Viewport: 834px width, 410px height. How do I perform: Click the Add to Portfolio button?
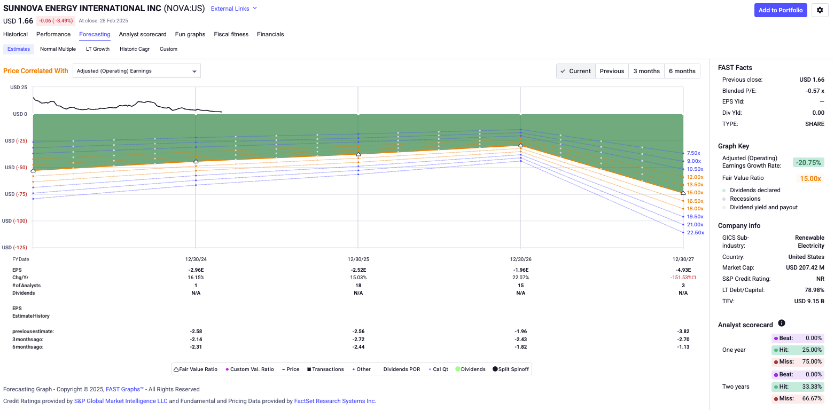781,10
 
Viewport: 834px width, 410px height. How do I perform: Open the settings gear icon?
820,10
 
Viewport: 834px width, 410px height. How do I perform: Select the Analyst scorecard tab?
143,34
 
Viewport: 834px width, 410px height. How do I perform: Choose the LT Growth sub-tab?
98,49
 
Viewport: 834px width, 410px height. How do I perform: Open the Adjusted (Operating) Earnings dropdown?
136,71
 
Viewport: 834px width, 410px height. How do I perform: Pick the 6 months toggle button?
682,71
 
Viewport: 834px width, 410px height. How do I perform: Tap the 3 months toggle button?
646,71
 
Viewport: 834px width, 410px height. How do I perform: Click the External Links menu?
234,9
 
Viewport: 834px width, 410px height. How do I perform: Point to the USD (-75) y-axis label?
15,194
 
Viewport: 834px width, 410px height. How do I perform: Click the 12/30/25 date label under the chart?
358,259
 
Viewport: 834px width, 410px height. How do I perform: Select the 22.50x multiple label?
695,233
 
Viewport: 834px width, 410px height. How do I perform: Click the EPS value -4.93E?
683,270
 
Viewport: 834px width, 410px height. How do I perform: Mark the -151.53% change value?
681,278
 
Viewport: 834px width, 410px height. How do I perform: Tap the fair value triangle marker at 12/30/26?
521,146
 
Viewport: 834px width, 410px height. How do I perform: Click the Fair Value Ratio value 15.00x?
810,179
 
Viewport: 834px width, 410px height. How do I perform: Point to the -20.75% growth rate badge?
808,162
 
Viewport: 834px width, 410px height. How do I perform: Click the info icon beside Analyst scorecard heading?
782,324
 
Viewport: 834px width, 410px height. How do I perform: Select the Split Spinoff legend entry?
510,369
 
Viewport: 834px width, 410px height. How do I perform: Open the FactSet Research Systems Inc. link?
335,401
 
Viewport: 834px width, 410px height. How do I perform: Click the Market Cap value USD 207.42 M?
805,267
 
